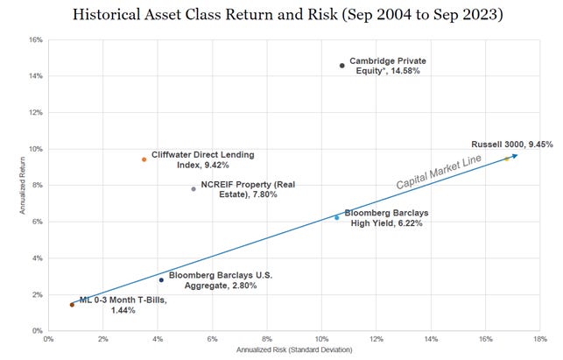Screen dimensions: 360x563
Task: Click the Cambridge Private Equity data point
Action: pyautogui.click(x=341, y=66)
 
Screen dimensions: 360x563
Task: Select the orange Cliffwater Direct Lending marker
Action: pyautogui.click(x=144, y=159)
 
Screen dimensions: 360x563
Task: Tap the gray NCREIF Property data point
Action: pyautogui.click(x=194, y=188)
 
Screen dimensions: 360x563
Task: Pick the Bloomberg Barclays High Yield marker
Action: pyautogui.click(x=336, y=217)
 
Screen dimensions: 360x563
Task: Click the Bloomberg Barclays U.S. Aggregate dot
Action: pyautogui.click(x=161, y=279)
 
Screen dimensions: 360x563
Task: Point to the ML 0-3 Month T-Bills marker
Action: pyautogui.click(x=72, y=305)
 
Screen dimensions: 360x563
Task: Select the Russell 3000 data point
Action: pyautogui.click(x=506, y=159)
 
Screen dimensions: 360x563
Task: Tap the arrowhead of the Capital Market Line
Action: pyautogui.click(x=515, y=155)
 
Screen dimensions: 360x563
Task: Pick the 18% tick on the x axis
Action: pyautogui.click(x=540, y=339)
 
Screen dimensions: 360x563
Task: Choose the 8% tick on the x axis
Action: pyautogui.click(x=267, y=339)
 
